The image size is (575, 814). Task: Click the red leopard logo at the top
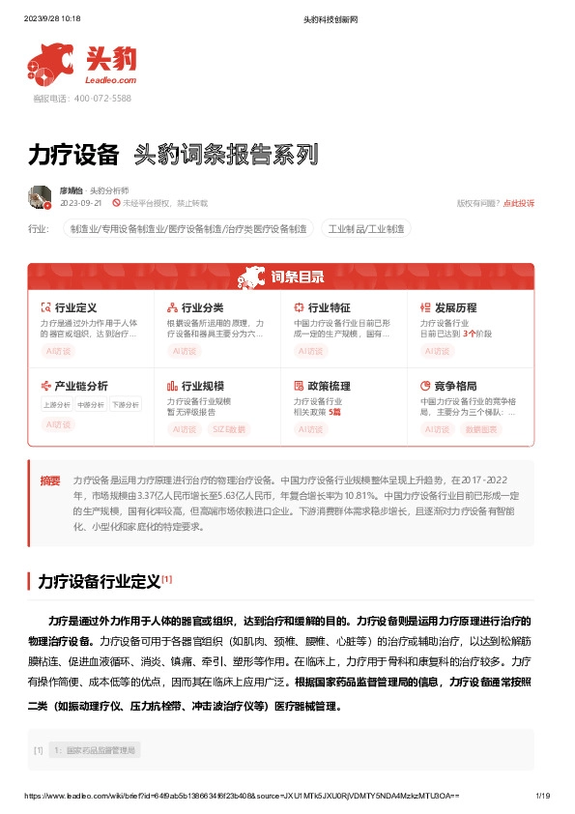click(x=52, y=64)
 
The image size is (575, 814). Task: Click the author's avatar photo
click(x=40, y=196)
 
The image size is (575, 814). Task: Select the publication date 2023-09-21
click(x=81, y=204)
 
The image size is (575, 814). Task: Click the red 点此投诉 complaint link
click(x=518, y=203)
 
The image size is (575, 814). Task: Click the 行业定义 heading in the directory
click(x=75, y=307)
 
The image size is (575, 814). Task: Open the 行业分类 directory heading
click(x=202, y=307)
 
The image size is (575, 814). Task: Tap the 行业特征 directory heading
click(x=329, y=307)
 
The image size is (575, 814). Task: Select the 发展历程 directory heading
click(x=455, y=307)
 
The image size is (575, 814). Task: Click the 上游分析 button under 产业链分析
click(x=56, y=405)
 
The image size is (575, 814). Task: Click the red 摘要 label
click(x=49, y=480)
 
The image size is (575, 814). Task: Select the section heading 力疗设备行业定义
click(x=98, y=582)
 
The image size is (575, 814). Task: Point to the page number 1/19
click(x=542, y=796)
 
